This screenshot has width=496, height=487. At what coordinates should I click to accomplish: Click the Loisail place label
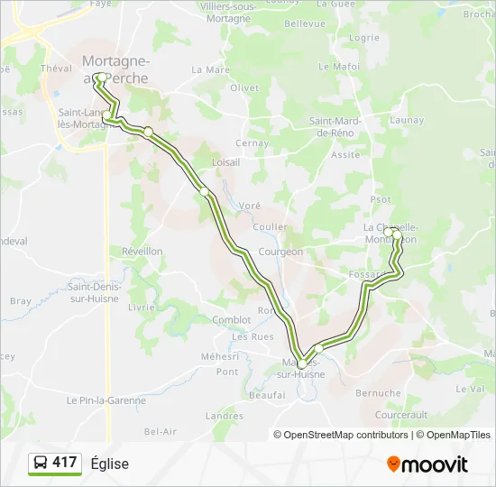coord(225,162)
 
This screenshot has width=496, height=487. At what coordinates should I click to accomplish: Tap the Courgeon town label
coord(280,252)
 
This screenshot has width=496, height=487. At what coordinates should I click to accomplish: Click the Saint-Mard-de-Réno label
coord(334,127)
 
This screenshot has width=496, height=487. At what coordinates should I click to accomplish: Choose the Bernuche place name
coord(379,393)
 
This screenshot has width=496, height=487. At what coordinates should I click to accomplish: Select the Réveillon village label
coord(142,251)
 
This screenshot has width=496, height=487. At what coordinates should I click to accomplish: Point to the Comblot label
coord(232,319)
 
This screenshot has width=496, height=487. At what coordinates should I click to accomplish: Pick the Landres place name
coord(225,416)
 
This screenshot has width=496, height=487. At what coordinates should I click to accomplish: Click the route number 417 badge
coord(65,463)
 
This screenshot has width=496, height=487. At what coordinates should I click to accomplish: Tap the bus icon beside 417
coord(41,464)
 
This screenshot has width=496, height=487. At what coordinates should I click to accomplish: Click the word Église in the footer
coord(110,464)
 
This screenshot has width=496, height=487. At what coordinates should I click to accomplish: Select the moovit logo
coord(427,464)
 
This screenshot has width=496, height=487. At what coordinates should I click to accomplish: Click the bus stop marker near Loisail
coord(206,191)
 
